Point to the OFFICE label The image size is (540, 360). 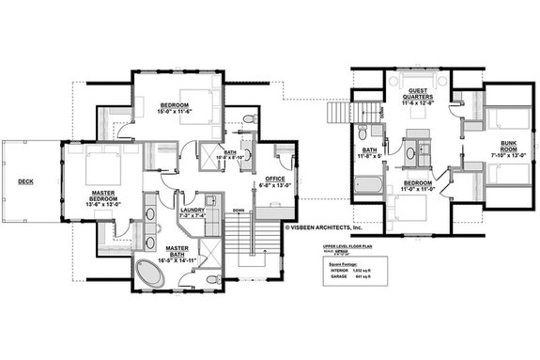[274, 179]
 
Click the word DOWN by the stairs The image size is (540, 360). [239, 211]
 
